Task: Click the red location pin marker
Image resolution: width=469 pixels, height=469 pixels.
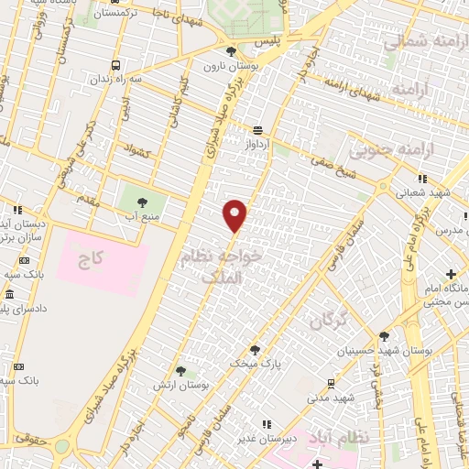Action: (x=235, y=214)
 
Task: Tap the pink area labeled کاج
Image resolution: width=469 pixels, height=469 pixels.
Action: (x=91, y=262)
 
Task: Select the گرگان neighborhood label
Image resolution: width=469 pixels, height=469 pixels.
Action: (x=330, y=321)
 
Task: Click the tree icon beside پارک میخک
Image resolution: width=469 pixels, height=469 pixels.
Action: (x=255, y=349)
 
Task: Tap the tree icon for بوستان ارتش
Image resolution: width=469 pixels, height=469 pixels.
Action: (x=180, y=371)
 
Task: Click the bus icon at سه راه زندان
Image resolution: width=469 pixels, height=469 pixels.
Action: (x=115, y=65)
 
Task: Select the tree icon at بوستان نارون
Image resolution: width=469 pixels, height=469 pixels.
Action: (x=231, y=51)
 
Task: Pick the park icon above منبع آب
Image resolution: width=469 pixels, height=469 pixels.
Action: (x=141, y=202)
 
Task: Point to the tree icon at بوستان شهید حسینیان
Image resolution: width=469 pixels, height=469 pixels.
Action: (x=384, y=336)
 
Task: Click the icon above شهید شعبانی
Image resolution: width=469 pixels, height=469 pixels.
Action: (x=421, y=179)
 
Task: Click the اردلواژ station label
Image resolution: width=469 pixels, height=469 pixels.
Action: (x=258, y=145)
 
